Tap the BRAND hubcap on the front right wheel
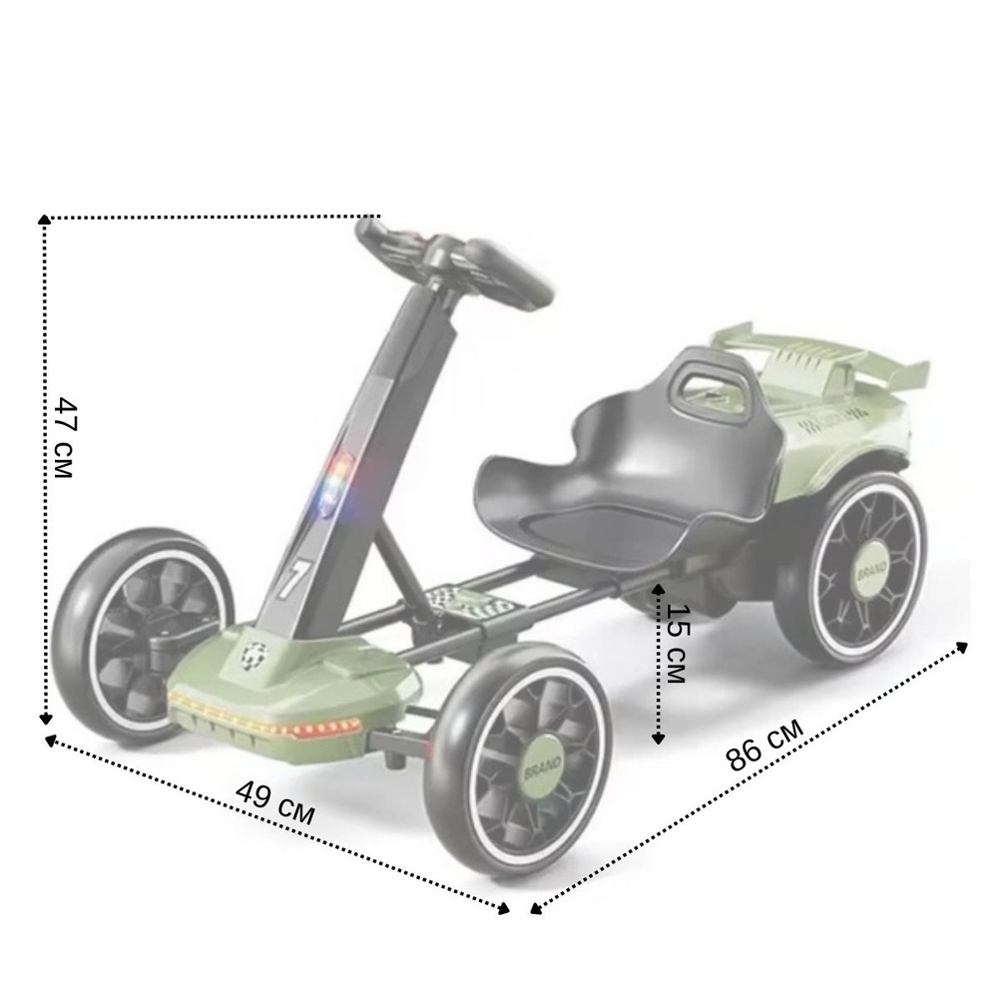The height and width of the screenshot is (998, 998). (x=543, y=763)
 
